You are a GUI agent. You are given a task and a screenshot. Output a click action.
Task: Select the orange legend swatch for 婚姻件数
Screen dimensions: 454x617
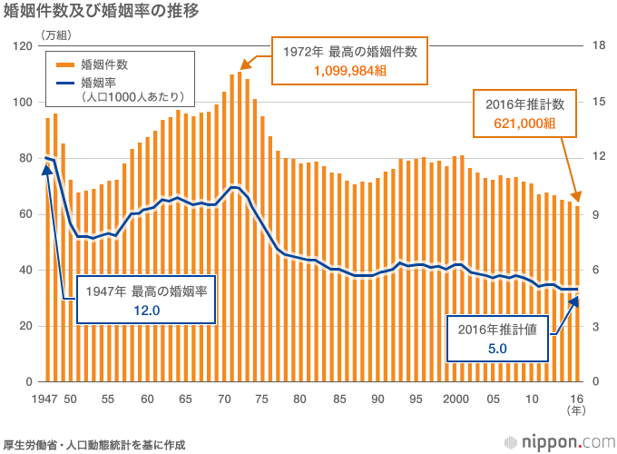click(65, 64)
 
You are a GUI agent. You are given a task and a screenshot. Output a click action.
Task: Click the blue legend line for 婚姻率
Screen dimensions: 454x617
click(65, 84)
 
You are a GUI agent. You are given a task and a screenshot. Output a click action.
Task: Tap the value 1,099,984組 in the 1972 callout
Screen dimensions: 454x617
click(350, 71)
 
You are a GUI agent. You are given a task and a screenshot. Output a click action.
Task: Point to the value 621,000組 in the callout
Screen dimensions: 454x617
click(524, 123)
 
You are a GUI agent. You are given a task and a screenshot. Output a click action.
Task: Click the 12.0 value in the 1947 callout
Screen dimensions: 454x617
click(146, 311)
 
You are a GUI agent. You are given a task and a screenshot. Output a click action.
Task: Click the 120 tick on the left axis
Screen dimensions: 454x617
click(24, 46)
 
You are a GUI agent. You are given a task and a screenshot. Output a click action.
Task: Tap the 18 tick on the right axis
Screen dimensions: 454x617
click(597, 46)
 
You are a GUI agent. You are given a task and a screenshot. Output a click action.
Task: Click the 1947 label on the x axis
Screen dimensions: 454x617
click(44, 399)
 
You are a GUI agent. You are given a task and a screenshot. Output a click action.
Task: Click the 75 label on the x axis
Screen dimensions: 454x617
click(261, 399)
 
